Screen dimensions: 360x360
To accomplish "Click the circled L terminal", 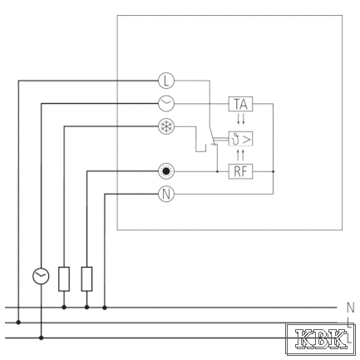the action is pos(166,81).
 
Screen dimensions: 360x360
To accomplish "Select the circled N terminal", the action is pos(166,194).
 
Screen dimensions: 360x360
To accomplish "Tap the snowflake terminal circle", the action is pos(166,126).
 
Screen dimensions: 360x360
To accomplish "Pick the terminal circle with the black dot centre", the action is pos(166,171).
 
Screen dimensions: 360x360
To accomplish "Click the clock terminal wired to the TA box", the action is pos(166,104).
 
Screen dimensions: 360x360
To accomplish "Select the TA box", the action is pos(240,104).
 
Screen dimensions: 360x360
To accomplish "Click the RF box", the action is pos(240,171).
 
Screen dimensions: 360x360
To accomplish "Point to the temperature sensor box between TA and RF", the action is pos(240,139).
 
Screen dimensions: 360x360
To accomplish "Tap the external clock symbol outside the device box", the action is pos(41,276).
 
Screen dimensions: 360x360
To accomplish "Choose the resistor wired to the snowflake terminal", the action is pos(64,279).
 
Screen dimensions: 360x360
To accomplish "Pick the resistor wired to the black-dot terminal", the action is pos(86,279).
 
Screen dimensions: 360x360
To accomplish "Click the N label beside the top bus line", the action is pos(350,308).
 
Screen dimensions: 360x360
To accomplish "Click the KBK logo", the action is pos(321,339).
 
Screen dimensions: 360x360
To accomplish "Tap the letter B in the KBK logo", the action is pos(321,338).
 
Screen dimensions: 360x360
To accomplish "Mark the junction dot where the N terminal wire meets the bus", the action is pos(105,308).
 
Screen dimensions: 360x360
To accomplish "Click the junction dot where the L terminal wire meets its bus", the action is pos(18,323).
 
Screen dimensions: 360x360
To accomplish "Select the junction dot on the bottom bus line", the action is pos(41,338).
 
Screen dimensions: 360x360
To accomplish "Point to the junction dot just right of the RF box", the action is pos(274,171).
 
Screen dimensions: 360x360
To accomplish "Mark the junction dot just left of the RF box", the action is pos(217,171).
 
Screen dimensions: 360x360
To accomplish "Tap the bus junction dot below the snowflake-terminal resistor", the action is pos(64,308).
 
